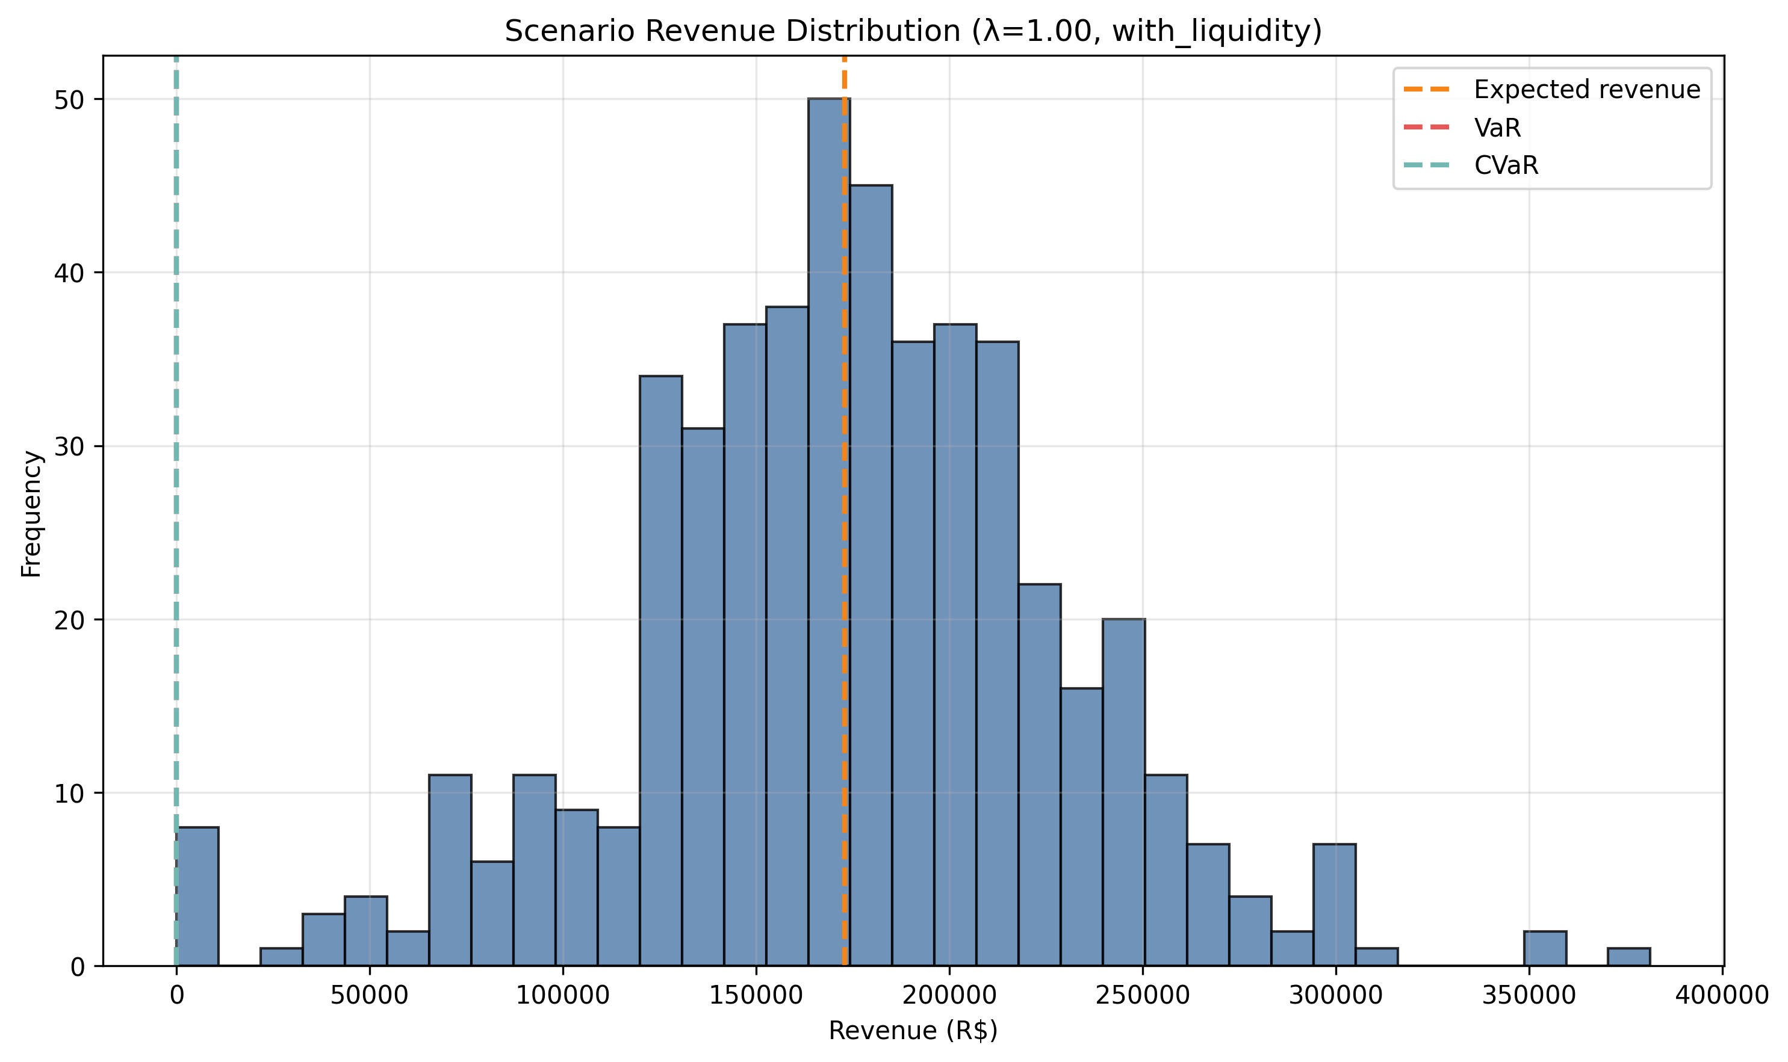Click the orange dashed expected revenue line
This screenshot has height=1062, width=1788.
click(x=845, y=501)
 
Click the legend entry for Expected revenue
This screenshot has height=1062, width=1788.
click(x=1586, y=90)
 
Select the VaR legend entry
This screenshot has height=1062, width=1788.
click(x=1497, y=128)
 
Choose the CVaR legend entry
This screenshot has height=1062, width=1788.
click(x=1505, y=166)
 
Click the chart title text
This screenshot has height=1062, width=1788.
click(x=913, y=31)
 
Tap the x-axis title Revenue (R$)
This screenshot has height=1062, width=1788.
click(x=913, y=1031)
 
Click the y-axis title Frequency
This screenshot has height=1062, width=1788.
click(x=31, y=513)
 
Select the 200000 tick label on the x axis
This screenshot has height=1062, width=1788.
click(x=949, y=995)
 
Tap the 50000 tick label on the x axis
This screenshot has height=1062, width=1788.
click(x=370, y=995)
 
